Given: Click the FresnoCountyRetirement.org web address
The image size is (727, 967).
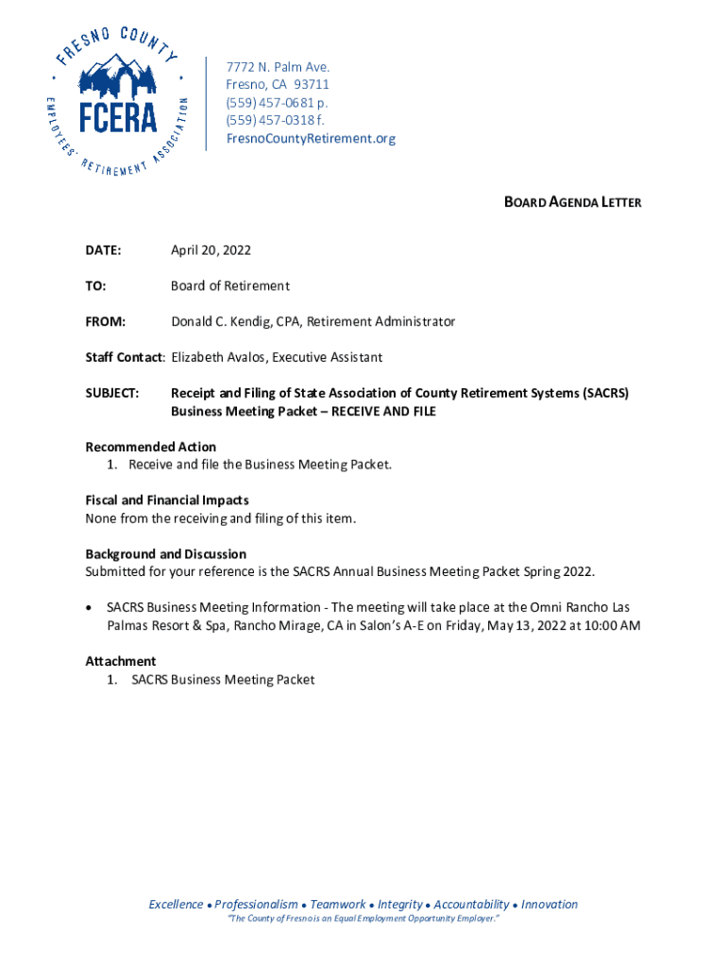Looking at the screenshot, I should click(x=311, y=139).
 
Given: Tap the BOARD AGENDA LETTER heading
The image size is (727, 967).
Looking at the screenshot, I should click(x=572, y=202).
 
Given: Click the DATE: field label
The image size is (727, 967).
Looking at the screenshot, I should click(x=103, y=250).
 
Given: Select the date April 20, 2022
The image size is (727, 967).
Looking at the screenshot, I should click(x=211, y=250).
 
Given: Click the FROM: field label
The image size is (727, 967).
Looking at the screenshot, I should click(x=106, y=322).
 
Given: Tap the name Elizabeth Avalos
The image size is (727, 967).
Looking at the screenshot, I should click(x=212, y=358).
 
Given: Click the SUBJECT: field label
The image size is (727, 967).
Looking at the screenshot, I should click(x=112, y=393).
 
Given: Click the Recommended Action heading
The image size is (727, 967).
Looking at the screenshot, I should click(x=150, y=447).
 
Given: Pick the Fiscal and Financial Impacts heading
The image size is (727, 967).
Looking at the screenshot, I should click(x=167, y=500).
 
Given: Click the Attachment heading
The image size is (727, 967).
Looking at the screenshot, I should click(x=121, y=661).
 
